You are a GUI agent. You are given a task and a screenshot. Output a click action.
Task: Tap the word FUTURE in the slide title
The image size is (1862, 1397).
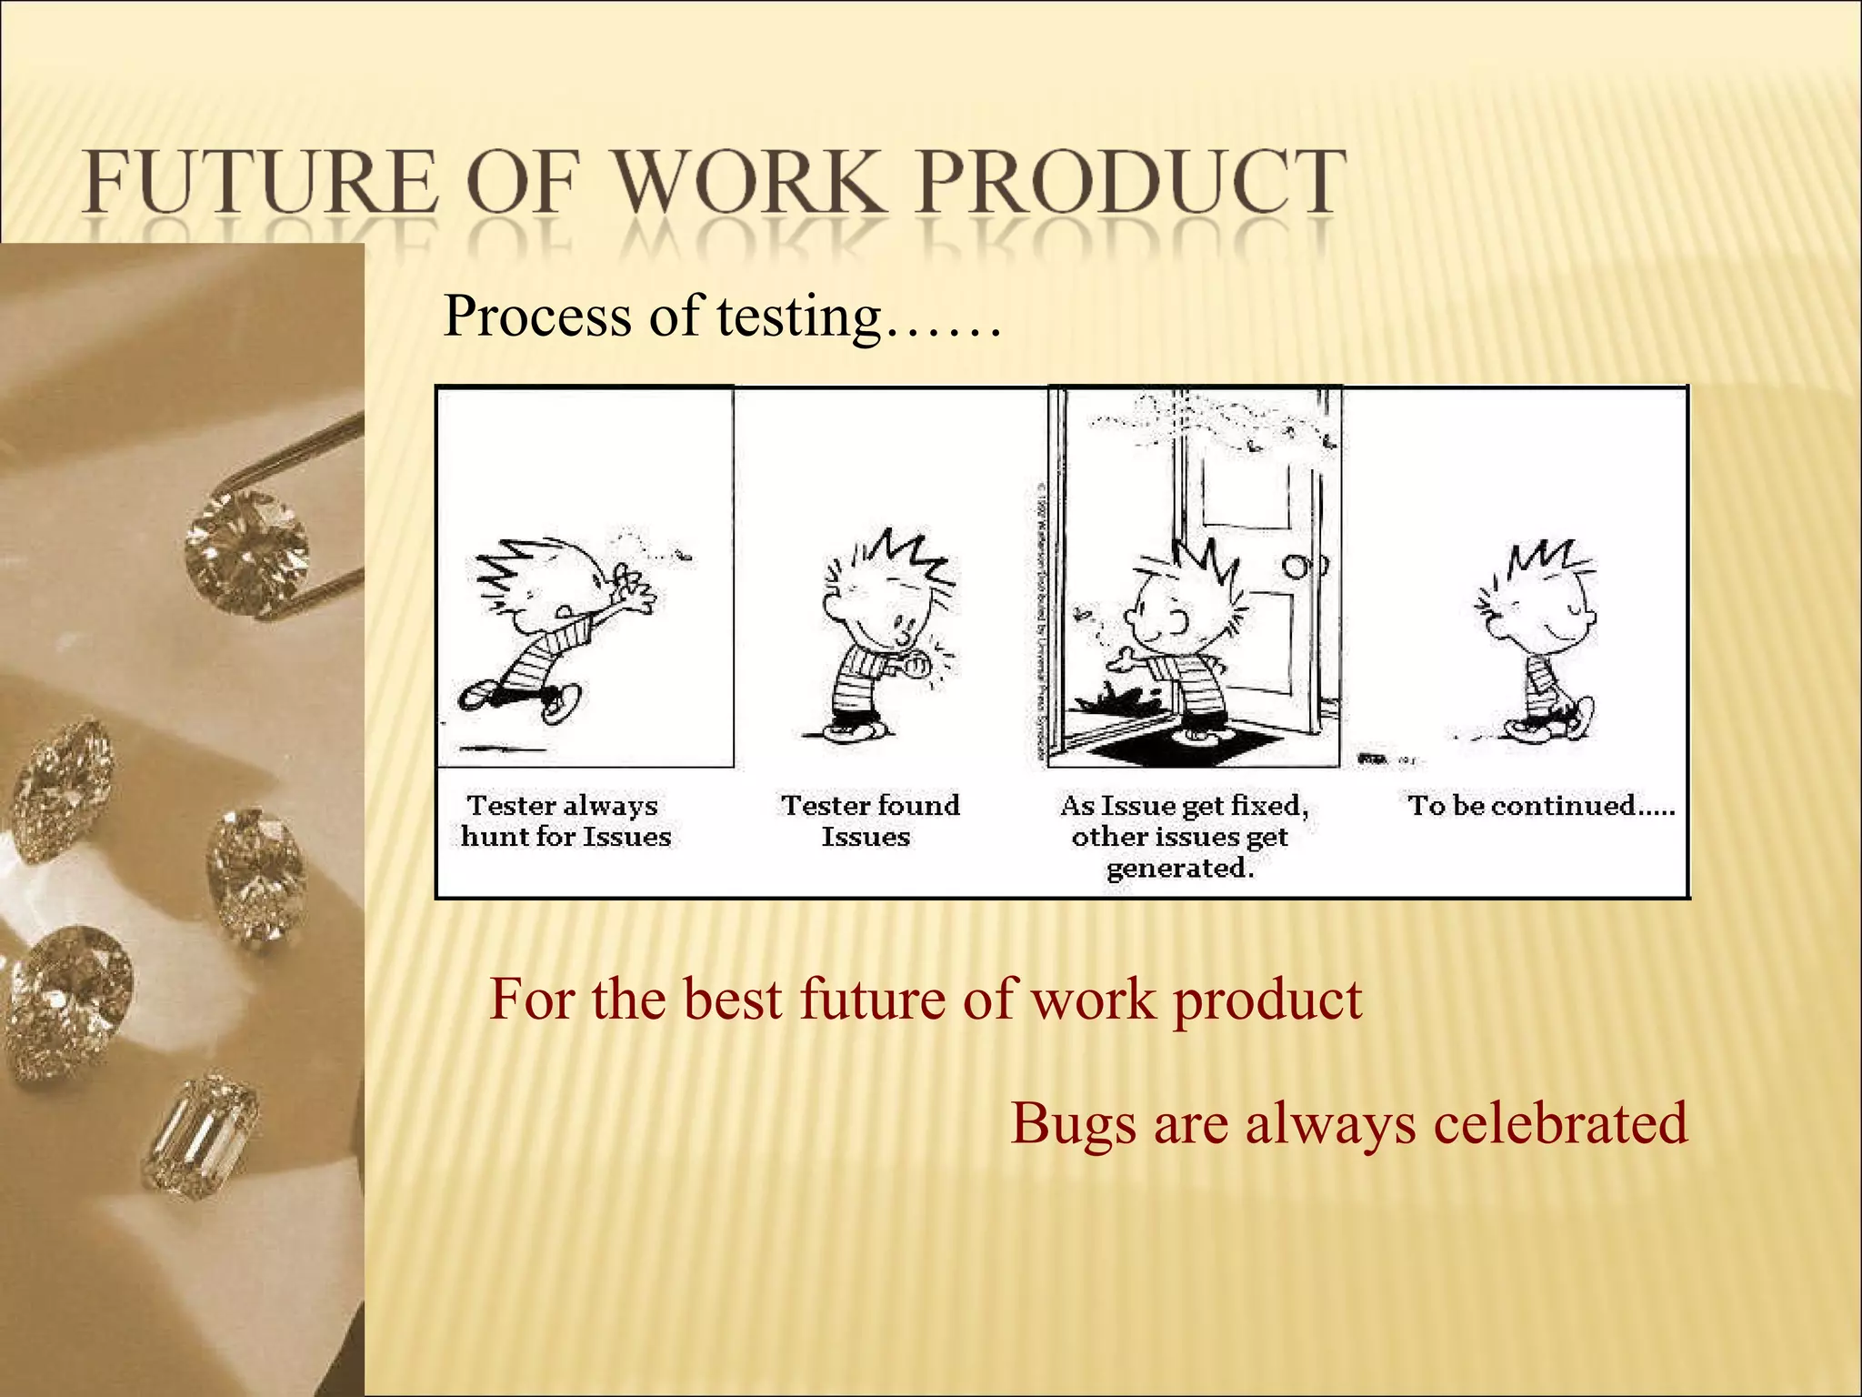click(259, 184)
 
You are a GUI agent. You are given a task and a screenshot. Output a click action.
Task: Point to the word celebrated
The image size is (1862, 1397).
click(1560, 1122)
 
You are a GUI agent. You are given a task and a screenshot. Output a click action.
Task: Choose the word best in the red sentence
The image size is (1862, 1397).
click(732, 1000)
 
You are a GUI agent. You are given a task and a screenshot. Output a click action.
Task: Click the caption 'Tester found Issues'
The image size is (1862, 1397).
click(869, 820)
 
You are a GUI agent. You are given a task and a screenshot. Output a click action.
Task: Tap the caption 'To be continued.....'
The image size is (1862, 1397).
click(1540, 806)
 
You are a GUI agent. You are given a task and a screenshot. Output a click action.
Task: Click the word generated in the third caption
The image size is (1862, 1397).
click(1180, 869)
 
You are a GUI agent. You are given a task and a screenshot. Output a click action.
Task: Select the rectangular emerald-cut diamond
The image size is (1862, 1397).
click(201, 1137)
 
